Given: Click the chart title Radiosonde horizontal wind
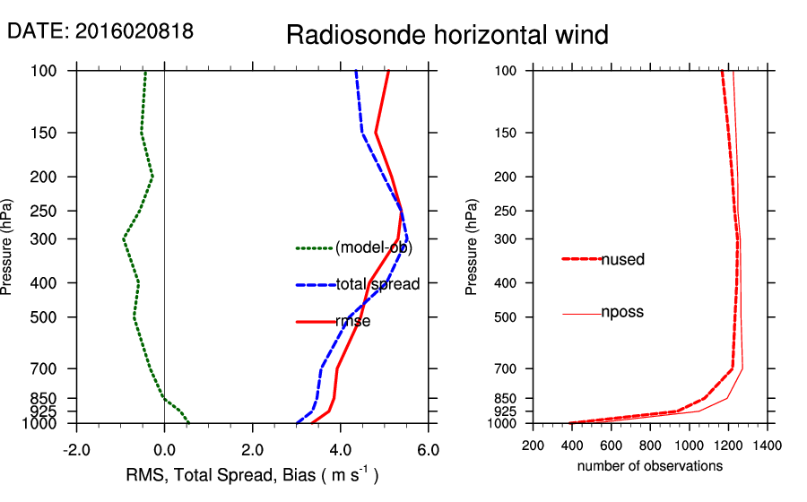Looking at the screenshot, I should click(447, 35).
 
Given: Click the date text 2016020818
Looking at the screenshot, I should click(134, 30).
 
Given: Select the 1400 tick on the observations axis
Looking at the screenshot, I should click(767, 445).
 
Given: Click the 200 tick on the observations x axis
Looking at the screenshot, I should click(534, 445).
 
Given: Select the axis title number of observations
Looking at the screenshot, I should click(650, 466).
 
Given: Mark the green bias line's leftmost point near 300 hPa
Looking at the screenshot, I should click(124, 239).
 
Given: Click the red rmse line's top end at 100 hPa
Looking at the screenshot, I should click(388, 71).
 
